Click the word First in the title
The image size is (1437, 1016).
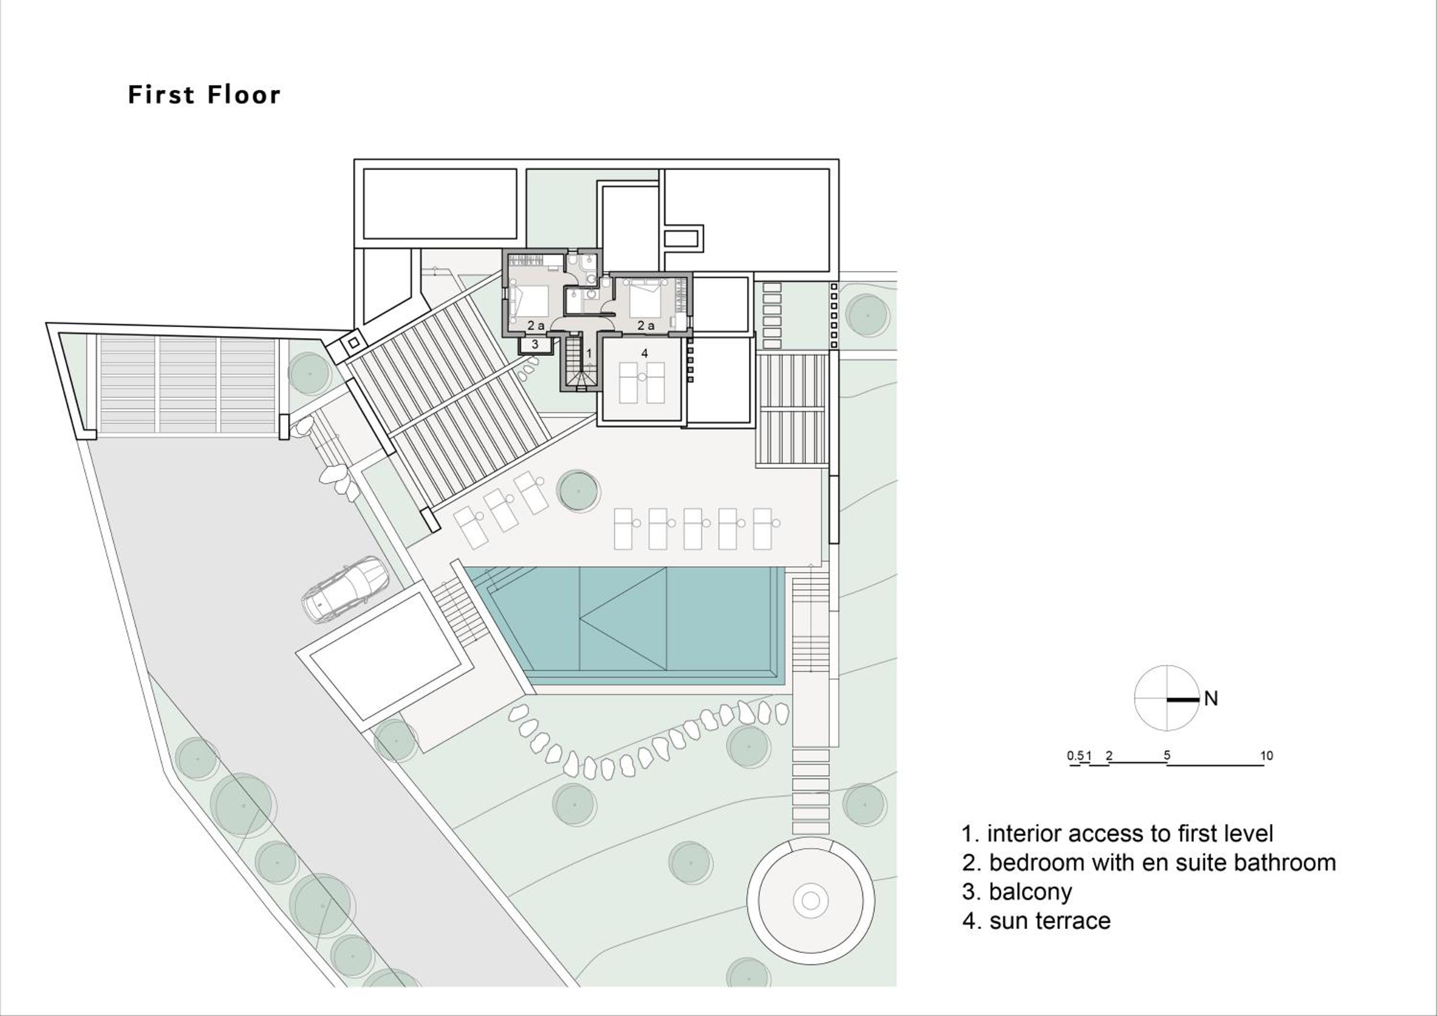tap(161, 94)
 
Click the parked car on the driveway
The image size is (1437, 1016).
tap(345, 589)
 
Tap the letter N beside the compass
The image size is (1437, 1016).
tap(1210, 699)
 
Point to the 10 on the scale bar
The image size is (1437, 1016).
tap(1266, 756)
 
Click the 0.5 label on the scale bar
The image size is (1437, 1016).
tap(1074, 756)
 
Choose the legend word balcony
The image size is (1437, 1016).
tap(1030, 891)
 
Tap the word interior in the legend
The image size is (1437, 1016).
tap(1023, 834)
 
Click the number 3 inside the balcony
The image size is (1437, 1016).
tap(535, 344)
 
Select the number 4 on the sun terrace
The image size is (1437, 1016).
tap(645, 353)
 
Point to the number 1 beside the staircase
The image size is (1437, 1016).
tap(589, 354)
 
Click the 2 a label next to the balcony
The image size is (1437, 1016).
tap(536, 325)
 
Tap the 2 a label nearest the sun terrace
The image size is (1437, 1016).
tap(646, 325)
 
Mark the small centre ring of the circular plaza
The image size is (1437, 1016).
tap(810, 901)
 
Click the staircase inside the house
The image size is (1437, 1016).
tap(577, 363)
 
